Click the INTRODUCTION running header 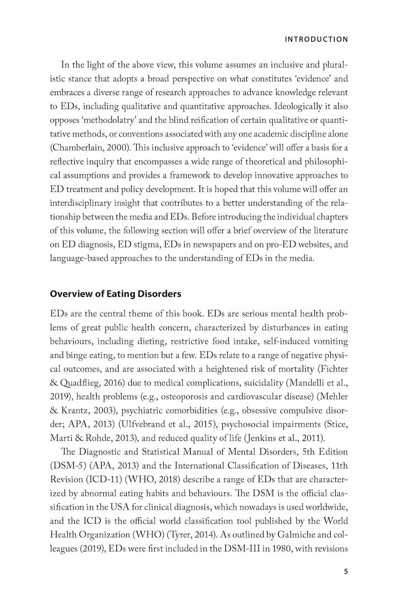click(x=317, y=39)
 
